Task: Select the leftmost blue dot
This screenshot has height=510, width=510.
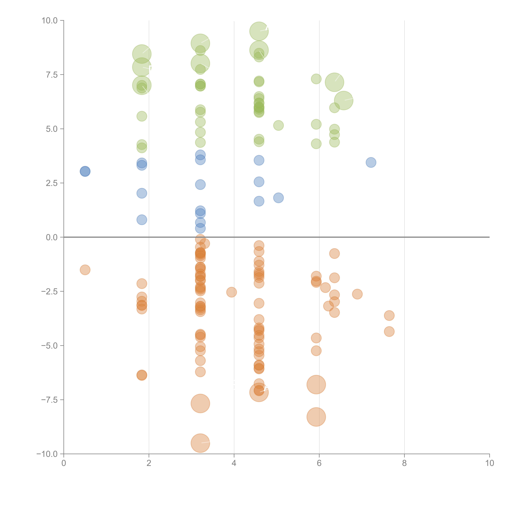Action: [85, 171]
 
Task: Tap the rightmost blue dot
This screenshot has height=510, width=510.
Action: [371, 162]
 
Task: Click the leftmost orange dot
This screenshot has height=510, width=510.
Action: [85, 270]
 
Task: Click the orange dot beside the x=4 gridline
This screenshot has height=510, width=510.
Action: [232, 292]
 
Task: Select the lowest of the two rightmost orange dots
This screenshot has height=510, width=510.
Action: [389, 332]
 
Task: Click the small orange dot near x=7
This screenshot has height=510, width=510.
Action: [357, 294]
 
